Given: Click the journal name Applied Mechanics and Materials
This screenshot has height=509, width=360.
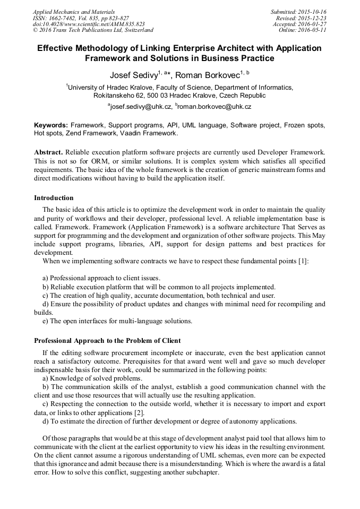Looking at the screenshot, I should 73,12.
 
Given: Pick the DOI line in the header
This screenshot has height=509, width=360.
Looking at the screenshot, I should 88,24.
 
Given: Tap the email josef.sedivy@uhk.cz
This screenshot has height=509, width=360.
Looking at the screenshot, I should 140,107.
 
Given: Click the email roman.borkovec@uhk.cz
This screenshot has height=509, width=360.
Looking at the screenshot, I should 215,107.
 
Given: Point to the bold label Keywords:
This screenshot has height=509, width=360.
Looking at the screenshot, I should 51,125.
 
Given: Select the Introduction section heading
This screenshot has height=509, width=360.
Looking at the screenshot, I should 54,198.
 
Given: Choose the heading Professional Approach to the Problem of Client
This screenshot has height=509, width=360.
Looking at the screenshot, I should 107,340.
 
